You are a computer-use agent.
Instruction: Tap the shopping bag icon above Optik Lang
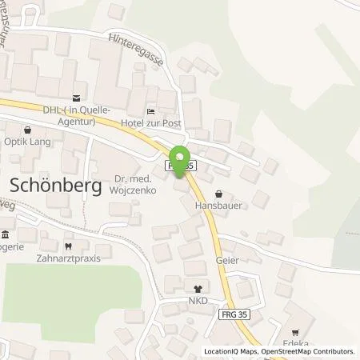(x=29, y=129)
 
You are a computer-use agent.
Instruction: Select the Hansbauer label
(x=219, y=204)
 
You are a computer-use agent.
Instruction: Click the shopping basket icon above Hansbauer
(x=219, y=193)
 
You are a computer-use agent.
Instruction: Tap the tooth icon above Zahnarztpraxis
(x=68, y=247)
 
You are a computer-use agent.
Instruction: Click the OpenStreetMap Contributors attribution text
(x=309, y=351)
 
